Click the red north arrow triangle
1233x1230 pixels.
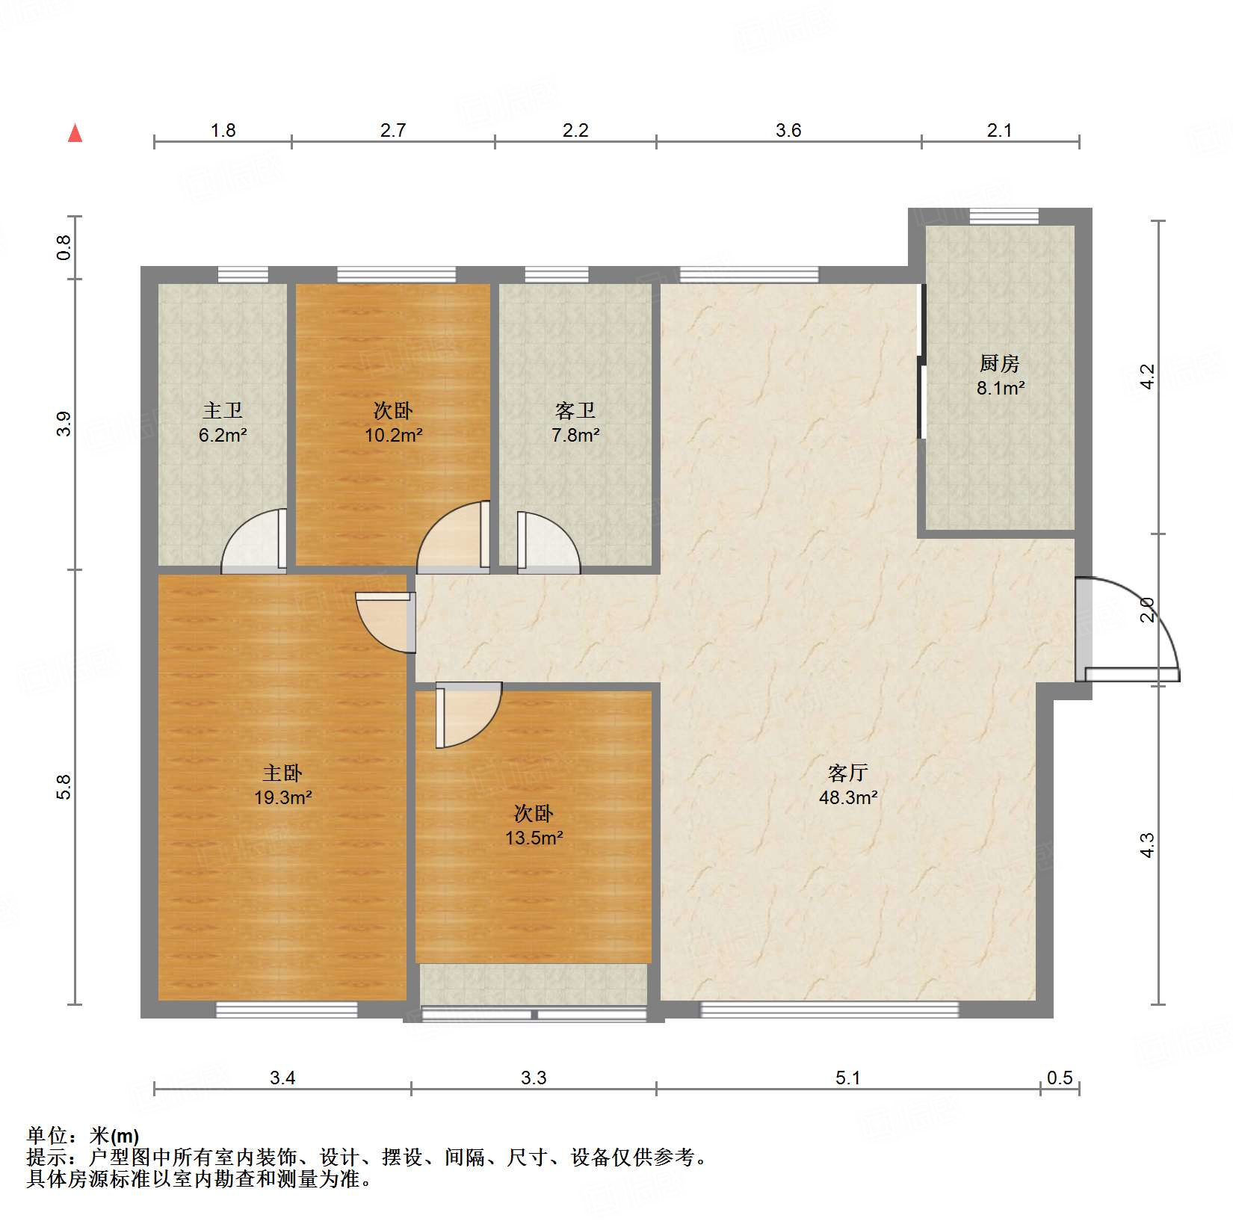pos(75,134)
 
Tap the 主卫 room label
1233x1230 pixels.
pos(223,410)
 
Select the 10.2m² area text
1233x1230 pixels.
pos(393,435)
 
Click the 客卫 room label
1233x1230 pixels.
pos(575,410)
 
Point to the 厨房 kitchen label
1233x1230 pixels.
pos(999,364)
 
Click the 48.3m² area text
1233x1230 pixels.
pos(847,797)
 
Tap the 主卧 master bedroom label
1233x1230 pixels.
pos(282,773)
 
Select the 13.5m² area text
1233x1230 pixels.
pos(534,838)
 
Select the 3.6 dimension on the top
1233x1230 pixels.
pos(788,131)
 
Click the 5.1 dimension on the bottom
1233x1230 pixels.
pos(847,1078)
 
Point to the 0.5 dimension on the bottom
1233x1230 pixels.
pos(1059,1078)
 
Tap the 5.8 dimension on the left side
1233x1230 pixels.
pos(64,787)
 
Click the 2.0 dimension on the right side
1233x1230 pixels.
pos(1147,610)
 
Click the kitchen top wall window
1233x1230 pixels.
pos(1004,217)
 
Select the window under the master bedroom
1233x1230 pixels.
pos(286,1010)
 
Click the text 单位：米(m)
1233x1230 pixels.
pos(83,1136)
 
